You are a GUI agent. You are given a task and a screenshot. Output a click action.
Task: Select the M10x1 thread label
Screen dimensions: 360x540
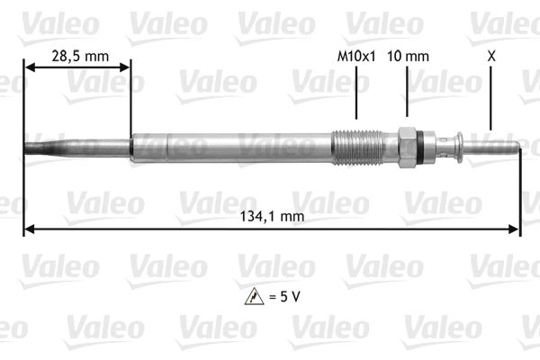[355, 56]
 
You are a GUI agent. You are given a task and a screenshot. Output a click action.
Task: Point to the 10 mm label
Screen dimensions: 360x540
[407, 56]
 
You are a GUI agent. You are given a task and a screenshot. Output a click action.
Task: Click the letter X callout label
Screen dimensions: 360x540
[490, 56]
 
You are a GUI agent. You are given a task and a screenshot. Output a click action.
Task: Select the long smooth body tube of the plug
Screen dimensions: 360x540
[234, 148]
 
